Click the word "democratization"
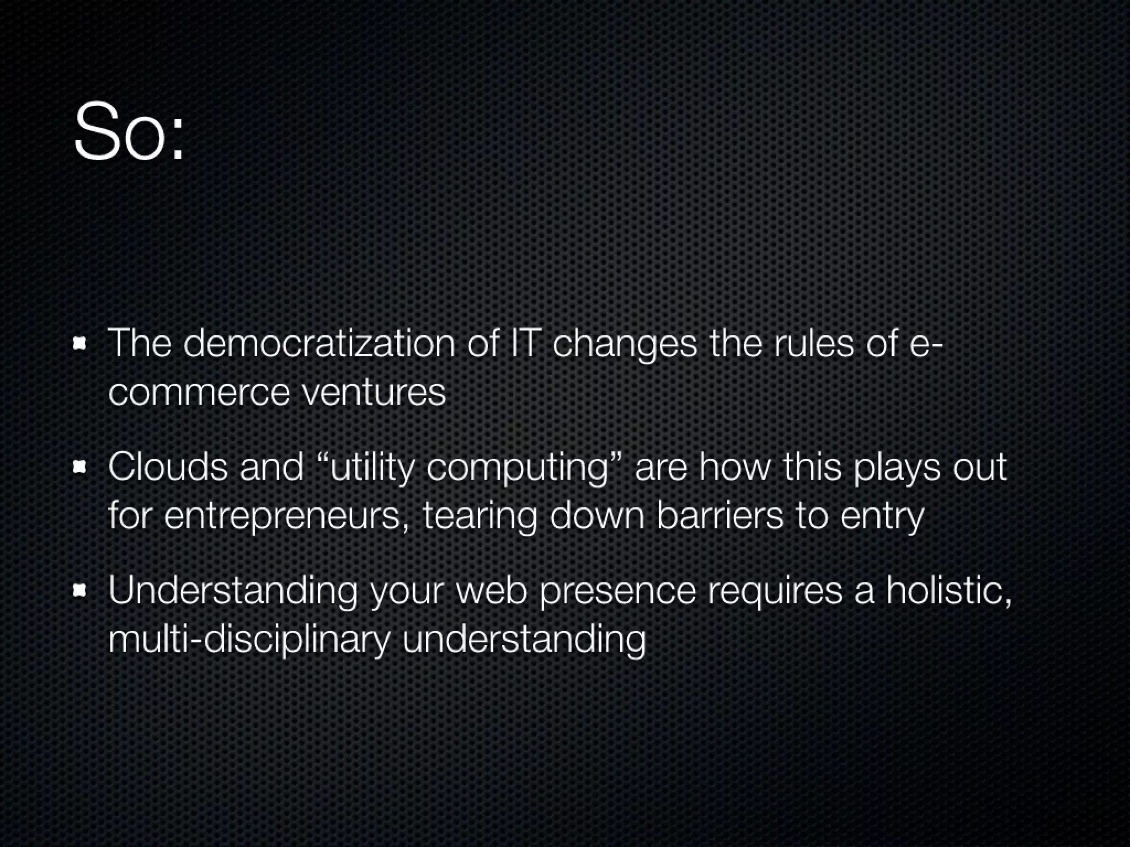tap(319, 343)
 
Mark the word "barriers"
tap(719, 516)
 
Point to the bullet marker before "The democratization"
tap(81, 344)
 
